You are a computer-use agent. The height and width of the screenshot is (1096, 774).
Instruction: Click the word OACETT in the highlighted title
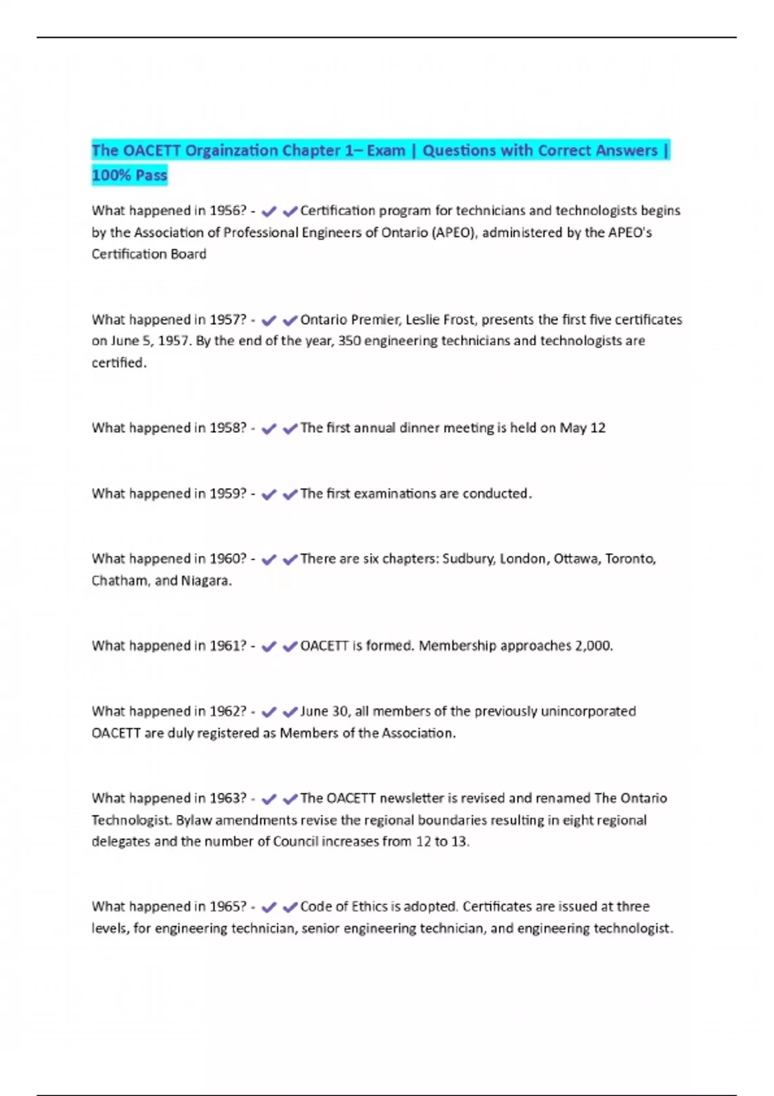coord(152,151)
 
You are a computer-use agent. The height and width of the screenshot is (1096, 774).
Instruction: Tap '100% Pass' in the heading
coord(130,175)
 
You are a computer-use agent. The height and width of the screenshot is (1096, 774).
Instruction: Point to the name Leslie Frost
coord(439,320)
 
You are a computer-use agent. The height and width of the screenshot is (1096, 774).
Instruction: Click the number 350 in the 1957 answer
coord(349,341)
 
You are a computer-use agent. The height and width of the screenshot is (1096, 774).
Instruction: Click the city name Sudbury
coord(468,559)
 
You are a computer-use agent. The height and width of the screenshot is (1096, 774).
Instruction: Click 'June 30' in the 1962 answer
coord(324,712)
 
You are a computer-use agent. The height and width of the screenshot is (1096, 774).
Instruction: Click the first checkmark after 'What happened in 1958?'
coord(268,429)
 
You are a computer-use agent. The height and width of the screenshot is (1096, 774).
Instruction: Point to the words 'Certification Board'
coord(149,255)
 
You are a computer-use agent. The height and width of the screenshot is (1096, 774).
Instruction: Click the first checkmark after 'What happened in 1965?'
coord(268,908)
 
